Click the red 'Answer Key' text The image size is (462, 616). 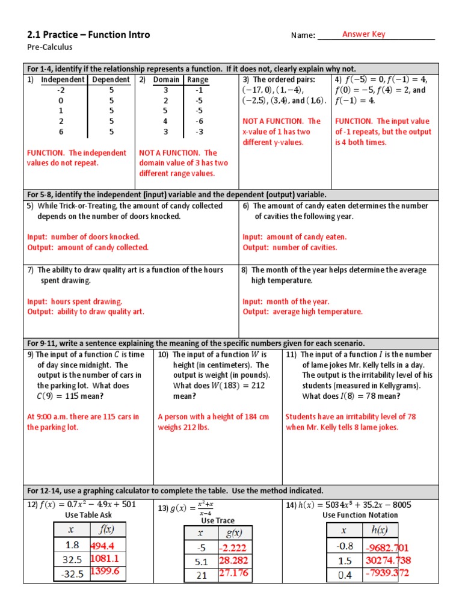pos(363,34)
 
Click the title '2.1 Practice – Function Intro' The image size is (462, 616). pos(88,35)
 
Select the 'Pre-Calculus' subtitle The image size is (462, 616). pos(49,47)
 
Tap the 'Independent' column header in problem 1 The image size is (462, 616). pos(64,79)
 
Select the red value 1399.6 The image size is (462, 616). pos(105,571)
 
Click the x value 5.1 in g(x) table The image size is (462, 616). pos(201,562)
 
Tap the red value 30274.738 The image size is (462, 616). pos(387,560)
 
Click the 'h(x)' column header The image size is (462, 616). pos(380,530)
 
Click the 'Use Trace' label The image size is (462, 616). pos(218,520)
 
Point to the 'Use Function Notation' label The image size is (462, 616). pos(360,516)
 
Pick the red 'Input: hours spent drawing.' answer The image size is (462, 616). pos(75,301)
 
